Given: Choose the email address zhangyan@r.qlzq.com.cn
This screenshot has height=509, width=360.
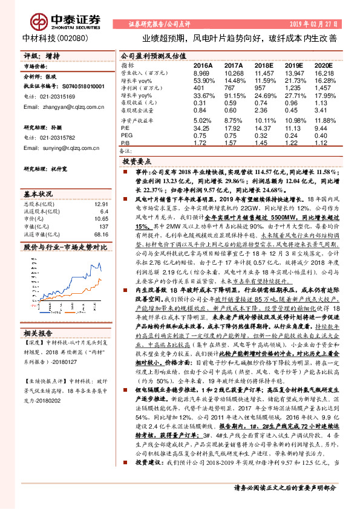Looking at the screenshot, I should [61, 107].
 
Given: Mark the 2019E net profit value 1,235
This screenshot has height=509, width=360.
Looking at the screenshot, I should [293, 88].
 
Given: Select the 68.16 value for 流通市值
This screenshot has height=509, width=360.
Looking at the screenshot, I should [100, 234].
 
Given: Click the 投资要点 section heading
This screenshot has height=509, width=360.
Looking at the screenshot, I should [136, 163].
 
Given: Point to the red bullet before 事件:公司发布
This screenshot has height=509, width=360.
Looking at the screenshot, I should [129, 172].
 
